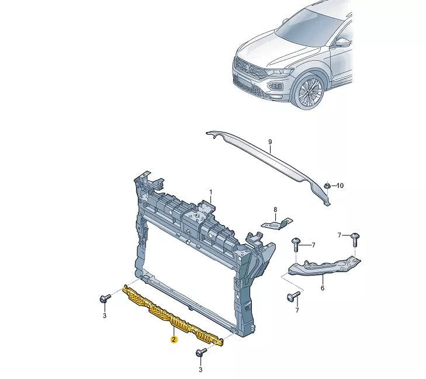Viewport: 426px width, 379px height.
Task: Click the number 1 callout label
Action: point(212,192)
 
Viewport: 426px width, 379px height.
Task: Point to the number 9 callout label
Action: point(270,142)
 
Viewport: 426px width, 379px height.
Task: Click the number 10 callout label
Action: point(340,186)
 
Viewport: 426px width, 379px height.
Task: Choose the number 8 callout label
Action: point(275,209)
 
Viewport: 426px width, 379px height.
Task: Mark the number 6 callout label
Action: point(322,287)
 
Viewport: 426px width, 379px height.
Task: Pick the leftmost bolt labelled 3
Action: point(104,299)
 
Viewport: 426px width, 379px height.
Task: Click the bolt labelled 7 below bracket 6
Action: point(293,297)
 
